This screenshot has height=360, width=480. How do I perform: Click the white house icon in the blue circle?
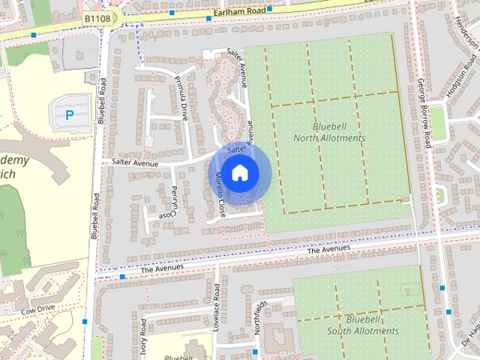tap(238, 173)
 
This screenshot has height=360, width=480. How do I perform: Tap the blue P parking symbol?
tap(70, 115)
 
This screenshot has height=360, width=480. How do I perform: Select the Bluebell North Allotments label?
tap(328, 133)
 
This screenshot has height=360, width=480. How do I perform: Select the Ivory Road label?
tap(142, 337)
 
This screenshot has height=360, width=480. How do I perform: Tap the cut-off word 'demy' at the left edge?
tap(14, 160)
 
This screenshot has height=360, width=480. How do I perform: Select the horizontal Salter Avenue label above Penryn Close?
tap(135, 161)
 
